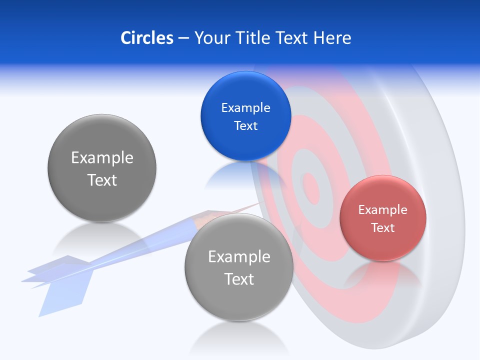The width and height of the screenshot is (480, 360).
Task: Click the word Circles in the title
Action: tap(146, 38)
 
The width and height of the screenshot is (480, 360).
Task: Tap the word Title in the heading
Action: tap(254, 38)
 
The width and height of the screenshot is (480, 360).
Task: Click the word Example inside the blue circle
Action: tap(245, 107)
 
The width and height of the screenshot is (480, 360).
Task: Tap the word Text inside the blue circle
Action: tap(245, 125)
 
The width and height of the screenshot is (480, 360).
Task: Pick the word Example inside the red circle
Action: tap(383, 210)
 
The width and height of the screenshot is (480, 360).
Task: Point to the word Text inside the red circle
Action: tap(383, 228)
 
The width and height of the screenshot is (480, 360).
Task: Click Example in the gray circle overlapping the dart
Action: tap(239, 256)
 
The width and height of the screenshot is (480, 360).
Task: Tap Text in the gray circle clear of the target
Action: tap(102, 180)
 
